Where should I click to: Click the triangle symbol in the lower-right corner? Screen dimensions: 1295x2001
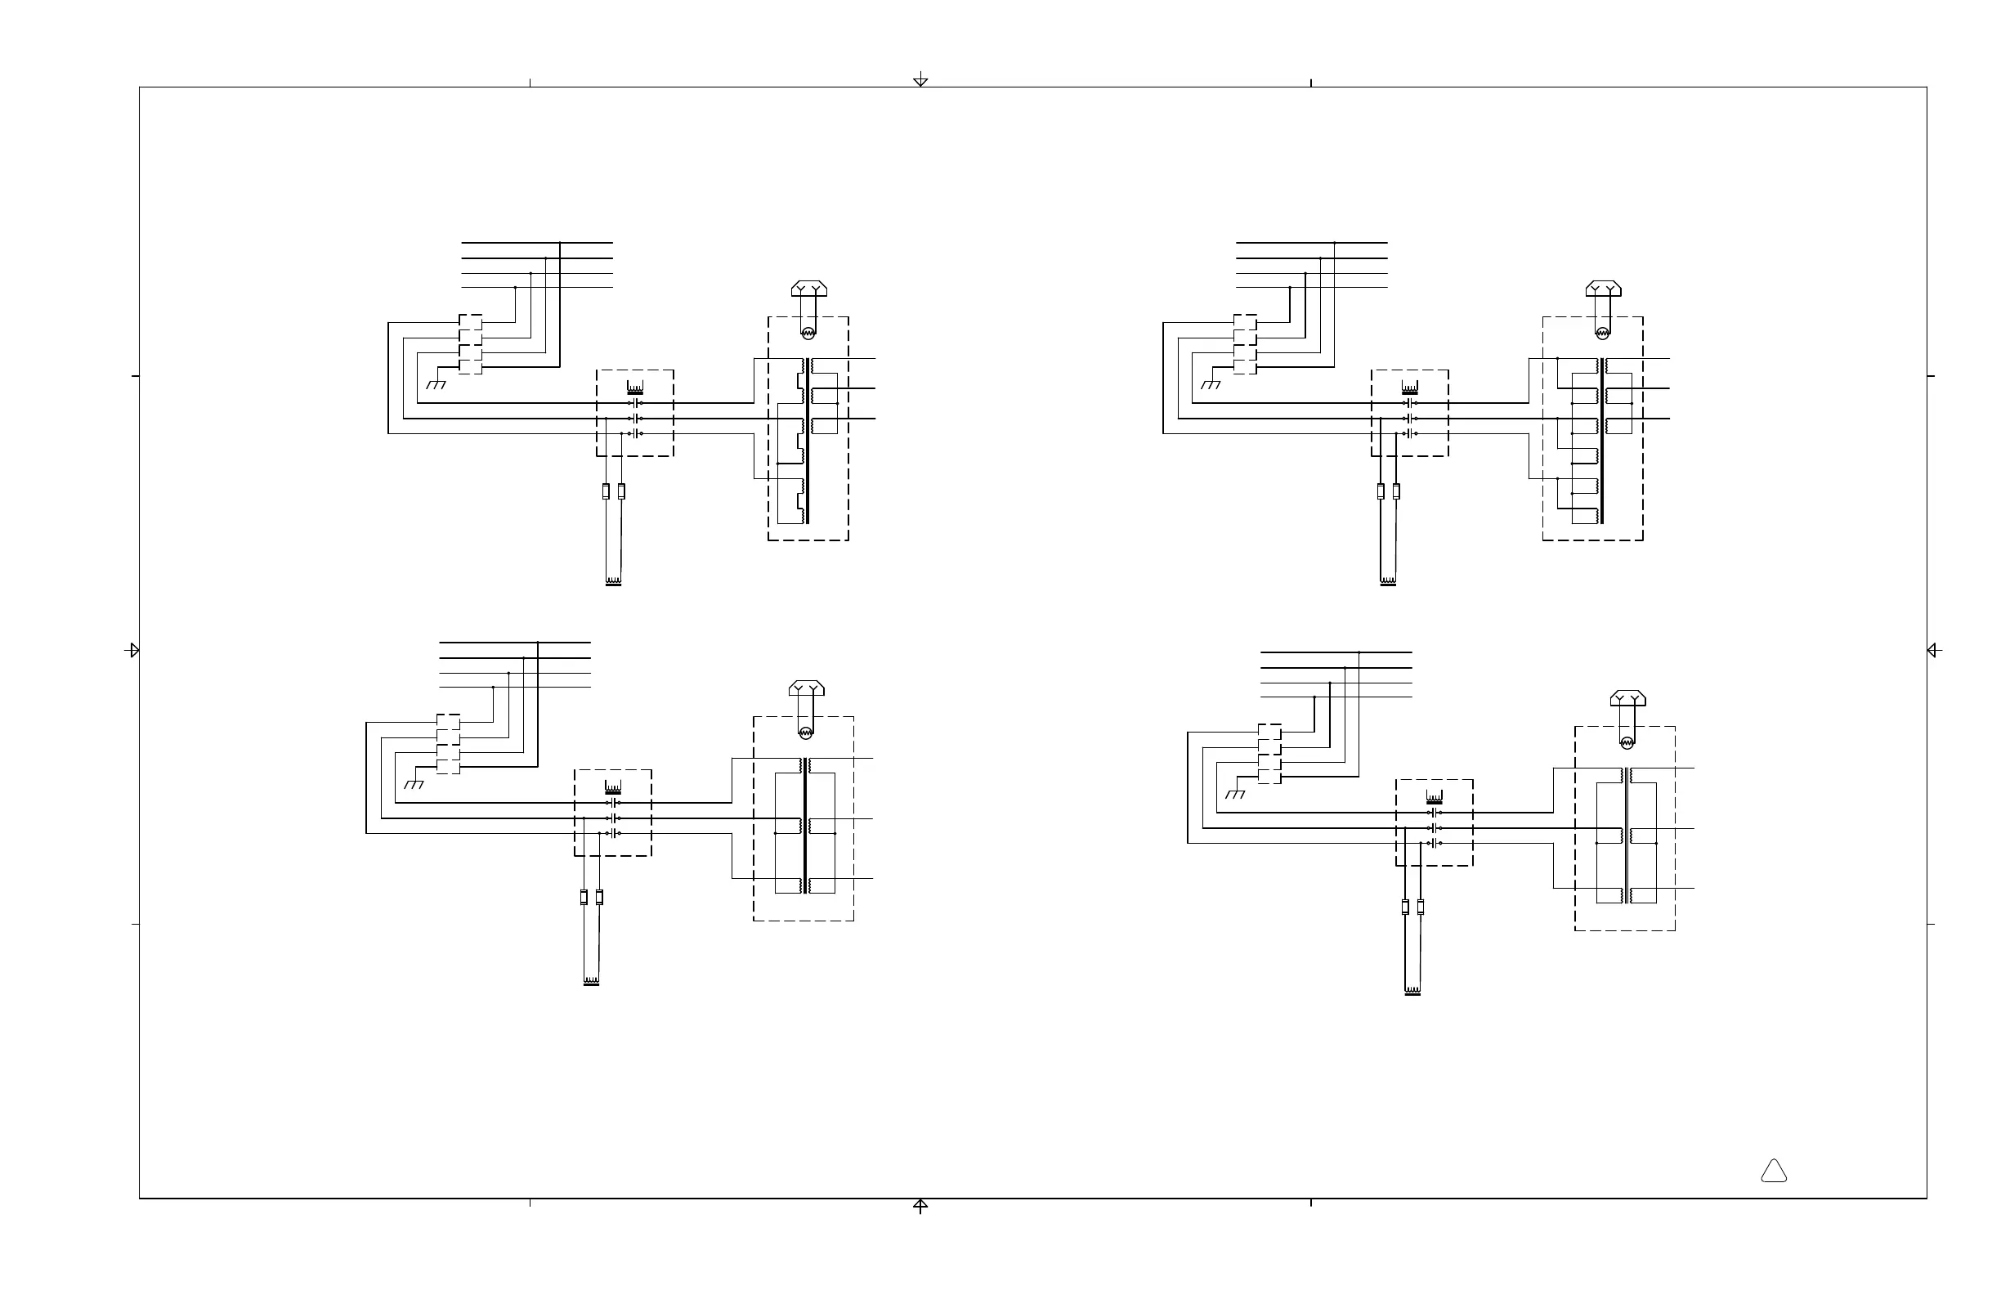[x=1773, y=1172]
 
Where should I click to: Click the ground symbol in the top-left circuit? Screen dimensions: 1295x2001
[x=436, y=384]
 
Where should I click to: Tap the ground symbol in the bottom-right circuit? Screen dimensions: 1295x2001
[x=1235, y=794]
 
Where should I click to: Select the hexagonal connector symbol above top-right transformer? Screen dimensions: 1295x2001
[x=1602, y=289]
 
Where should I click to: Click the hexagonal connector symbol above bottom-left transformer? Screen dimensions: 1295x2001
[x=806, y=688]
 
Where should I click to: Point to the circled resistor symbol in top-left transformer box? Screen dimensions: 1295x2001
[x=808, y=333]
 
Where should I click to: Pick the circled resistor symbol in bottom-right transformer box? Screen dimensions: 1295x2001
[x=1627, y=742]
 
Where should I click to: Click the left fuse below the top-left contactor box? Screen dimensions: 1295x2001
[x=606, y=491]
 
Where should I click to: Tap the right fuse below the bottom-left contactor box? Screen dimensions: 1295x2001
[x=599, y=897]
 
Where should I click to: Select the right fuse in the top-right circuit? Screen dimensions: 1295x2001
[x=1395, y=491]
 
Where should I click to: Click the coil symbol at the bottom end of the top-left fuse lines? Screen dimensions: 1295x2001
[x=613, y=581]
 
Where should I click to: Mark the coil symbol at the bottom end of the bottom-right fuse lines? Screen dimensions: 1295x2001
[x=1412, y=991]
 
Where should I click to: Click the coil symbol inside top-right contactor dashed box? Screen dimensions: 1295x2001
[x=1410, y=388]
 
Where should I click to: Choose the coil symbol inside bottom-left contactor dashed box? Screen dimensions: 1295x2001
[x=613, y=788]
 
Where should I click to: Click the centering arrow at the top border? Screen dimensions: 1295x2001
[x=920, y=80]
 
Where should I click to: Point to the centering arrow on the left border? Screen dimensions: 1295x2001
[x=132, y=650]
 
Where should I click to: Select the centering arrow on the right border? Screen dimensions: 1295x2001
[x=1933, y=650]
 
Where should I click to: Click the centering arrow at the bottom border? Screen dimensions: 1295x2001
[x=920, y=1206]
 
